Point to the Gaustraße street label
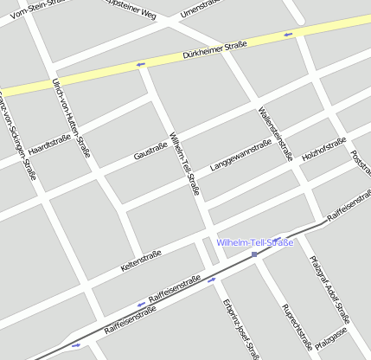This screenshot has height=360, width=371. click(x=150, y=151)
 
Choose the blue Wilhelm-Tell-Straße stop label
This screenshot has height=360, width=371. click(x=255, y=242)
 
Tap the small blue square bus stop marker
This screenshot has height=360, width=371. click(x=254, y=255)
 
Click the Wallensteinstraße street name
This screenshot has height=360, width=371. click(x=275, y=133)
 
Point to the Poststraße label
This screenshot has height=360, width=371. click(x=360, y=166)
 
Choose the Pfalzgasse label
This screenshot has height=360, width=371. click(x=331, y=337)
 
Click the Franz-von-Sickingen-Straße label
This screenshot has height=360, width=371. click(x=17, y=134)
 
